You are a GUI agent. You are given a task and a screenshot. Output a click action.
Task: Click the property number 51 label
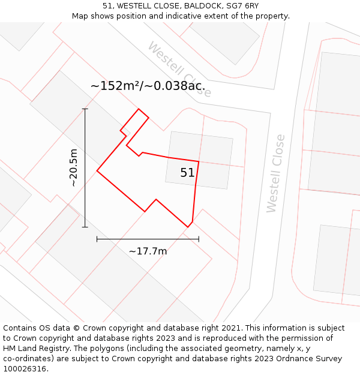click(187, 173)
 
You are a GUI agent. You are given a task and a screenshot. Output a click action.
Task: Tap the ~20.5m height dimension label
click(73, 168)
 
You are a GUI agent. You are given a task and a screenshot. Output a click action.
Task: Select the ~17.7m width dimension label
click(148, 251)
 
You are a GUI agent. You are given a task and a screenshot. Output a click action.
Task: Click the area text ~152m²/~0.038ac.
click(151, 86)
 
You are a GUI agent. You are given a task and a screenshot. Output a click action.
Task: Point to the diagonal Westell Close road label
click(179, 69)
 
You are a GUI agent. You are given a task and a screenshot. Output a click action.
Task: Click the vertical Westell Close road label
click(275, 173)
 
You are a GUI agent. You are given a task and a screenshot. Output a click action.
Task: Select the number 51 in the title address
click(107, 6)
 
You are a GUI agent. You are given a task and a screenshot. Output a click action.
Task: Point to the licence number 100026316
click(25, 368)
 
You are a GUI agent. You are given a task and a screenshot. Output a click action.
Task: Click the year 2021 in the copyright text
click(231, 328)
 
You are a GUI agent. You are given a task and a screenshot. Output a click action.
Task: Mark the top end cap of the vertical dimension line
click(85, 109)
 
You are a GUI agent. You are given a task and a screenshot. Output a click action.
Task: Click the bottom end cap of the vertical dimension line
click(85, 227)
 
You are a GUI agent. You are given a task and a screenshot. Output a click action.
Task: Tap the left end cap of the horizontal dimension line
click(97, 239)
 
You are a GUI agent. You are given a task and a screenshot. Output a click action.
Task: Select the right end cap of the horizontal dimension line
click(199, 239)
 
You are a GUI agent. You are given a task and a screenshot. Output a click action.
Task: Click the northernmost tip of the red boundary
click(139, 109)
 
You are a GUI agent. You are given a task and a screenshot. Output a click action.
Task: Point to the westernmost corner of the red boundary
click(97, 171)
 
